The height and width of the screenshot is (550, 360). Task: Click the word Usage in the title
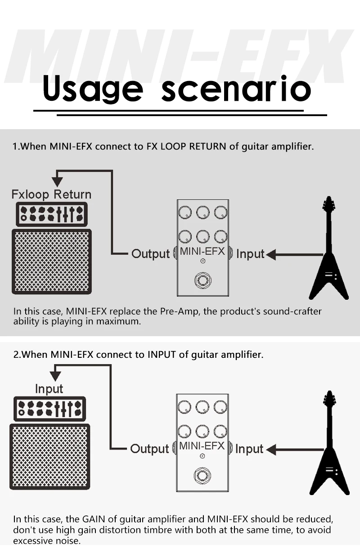[x=92, y=89]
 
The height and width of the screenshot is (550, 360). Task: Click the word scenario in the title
[x=236, y=89]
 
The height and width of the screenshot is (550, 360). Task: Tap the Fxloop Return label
[x=51, y=194]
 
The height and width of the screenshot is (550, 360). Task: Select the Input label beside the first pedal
[x=250, y=254]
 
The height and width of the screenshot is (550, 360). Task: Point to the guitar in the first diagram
[x=329, y=252]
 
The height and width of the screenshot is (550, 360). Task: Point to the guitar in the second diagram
[x=329, y=448]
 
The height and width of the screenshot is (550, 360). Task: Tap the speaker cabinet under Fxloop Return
[x=51, y=261]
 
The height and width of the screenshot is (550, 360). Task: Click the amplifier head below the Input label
[x=49, y=408]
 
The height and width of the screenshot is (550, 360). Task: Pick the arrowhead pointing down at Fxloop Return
[x=57, y=181]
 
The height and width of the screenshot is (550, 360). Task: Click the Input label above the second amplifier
[x=49, y=388]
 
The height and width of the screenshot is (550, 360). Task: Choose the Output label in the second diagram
[x=149, y=449]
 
